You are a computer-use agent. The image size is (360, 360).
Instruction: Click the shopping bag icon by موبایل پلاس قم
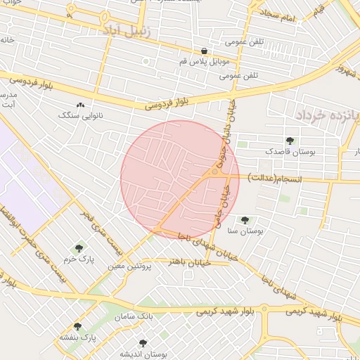pyautogui.click(x=204, y=51)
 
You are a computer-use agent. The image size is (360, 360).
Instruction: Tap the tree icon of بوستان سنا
pyautogui.click(x=245, y=220)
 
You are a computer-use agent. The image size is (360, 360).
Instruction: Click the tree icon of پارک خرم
pyautogui.click(x=78, y=248)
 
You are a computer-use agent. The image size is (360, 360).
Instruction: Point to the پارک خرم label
pyautogui.click(x=79, y=259)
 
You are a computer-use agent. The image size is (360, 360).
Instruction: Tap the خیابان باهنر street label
pyautogui.click(x=188, y=261)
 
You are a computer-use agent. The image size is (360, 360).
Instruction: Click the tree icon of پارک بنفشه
pyautogui.click(x=77, y=326)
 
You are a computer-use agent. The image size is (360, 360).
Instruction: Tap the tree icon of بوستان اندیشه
pyautogui.click(x=143, y=343)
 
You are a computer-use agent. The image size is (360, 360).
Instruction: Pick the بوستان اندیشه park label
pyautogui.click(x=142, y=354)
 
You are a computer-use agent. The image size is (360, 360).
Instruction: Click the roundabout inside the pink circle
pyautogui.click(x=215, y=172)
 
